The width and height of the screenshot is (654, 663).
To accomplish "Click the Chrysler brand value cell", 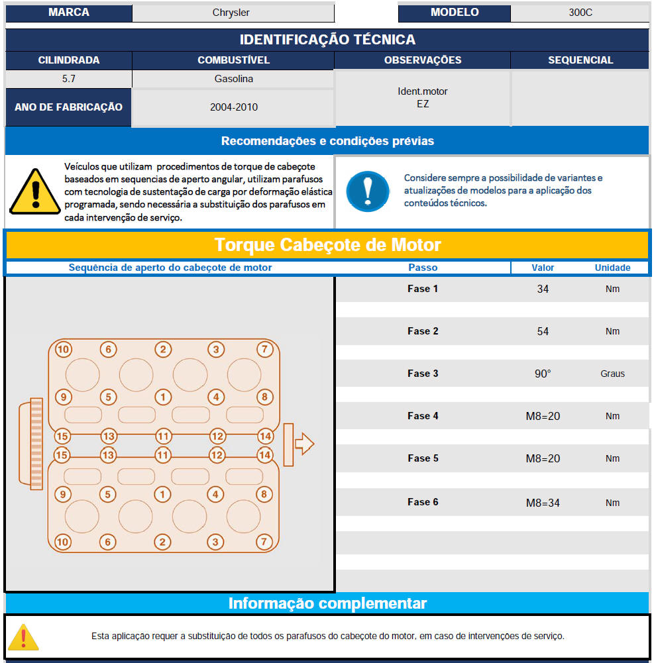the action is [231, 13].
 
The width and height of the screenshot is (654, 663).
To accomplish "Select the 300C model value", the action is [580, 13].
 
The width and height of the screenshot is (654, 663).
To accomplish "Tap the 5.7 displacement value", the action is [68, 79].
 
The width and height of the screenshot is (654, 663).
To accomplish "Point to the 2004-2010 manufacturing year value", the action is [233, 107].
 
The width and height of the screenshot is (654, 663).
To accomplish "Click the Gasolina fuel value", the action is [233, 79].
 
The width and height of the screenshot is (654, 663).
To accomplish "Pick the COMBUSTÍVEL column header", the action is [233, 60].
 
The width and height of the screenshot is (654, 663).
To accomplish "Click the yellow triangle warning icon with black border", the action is [35, 192].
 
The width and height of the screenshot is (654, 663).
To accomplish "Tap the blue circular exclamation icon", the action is [368, 191].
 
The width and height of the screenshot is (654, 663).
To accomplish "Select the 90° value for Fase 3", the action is [543, 374].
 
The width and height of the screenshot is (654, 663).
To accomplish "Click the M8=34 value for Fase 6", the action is [543, 503].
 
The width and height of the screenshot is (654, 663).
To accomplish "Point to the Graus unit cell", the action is [612, 374].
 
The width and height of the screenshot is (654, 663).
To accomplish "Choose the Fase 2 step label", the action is [423, 331].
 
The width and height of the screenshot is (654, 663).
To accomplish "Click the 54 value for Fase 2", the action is [543, 331].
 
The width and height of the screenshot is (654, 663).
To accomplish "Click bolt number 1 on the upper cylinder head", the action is [163, 397].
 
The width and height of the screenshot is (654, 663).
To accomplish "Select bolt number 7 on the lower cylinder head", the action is [264, 542].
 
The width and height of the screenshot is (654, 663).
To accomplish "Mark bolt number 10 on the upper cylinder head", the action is [63, 349].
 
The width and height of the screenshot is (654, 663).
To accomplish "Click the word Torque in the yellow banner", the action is [245, 245].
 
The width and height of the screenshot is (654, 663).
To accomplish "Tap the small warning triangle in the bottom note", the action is [23, 637].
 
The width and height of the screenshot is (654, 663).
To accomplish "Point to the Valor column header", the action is [543, 268].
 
